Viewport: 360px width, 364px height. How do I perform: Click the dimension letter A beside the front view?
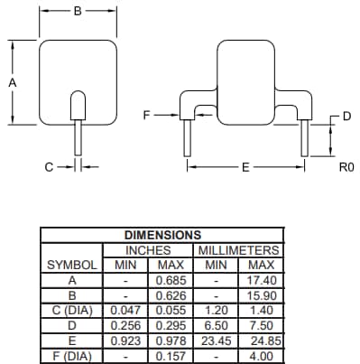click(x=12, y=81)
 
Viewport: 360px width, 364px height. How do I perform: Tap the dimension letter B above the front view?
click(x=78, y=12)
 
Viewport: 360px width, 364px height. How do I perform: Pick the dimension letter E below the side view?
click(x=245, y=167)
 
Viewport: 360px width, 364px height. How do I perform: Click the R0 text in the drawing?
click(x=345, y=167)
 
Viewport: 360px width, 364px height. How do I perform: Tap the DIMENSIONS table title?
click(x=162, y=235)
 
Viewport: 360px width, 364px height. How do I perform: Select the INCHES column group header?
click(x=147, y=250)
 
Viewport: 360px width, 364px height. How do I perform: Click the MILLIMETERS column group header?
click(x=238, y=250)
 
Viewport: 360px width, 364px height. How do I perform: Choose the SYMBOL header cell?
click(x=72, y=266)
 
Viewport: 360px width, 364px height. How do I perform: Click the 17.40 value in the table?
click(x=261, y=281)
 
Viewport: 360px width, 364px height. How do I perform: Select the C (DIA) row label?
click(x=72, y=310)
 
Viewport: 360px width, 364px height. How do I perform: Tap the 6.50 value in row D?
click(x=217, y=325)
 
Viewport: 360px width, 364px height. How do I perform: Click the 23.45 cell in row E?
click(x=217, y=341)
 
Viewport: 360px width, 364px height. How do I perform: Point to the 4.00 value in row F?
click(x=261, y=355)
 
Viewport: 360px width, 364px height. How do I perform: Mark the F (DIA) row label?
click(x=72, y=355)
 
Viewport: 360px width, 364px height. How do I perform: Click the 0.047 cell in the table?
click(x=125, y=310)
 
